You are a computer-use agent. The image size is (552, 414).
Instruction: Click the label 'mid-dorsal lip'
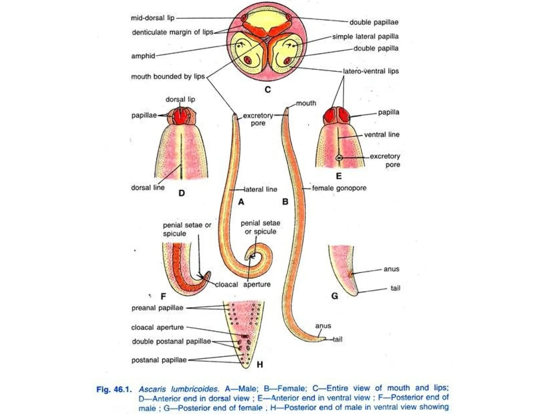153,18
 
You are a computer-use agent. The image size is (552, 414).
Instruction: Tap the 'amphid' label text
143,56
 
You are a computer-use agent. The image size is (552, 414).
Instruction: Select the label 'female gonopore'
339,188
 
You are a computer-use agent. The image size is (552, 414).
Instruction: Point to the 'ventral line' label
382,134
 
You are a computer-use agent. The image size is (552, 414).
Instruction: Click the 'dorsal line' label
148,188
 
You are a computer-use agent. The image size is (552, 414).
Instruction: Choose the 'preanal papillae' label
157,308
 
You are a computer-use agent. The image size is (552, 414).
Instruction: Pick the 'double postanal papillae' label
171,341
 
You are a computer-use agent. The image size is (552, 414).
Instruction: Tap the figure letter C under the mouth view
267,89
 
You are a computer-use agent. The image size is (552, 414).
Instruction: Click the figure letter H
260,365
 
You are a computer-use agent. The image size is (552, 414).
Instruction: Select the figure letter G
334,296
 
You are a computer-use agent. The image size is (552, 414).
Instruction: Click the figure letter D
182,193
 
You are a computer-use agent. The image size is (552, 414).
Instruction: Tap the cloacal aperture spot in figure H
245,336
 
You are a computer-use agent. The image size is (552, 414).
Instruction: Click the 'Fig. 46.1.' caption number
114,389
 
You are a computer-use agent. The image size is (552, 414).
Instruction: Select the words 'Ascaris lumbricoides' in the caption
178,389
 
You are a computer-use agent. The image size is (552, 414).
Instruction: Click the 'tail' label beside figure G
395,288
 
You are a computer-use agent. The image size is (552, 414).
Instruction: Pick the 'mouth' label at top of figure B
306,103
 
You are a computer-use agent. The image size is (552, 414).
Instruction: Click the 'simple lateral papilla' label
365,37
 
